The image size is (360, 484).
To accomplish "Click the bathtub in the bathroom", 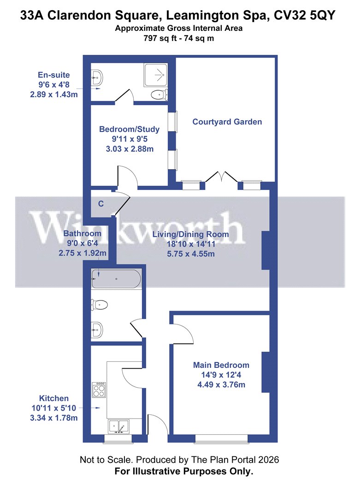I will coord(116,279).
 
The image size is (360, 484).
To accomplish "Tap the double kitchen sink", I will coord(118,426).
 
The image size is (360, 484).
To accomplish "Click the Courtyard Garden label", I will coord(227,122).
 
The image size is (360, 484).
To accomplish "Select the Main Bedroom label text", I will coord(221,365).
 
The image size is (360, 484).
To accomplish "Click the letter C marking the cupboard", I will coord(100,203).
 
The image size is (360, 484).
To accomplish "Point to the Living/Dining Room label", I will coord(190,234).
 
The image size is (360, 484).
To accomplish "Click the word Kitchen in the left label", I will coord(54,398).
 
